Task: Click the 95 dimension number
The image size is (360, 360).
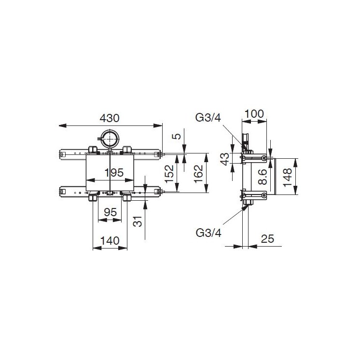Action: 110,212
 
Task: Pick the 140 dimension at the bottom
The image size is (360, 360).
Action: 110,240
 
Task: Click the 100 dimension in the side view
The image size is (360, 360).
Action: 254,114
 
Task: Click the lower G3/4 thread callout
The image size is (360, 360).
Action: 209,233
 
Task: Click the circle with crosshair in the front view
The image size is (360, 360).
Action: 111,139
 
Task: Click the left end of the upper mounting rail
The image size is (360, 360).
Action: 62,154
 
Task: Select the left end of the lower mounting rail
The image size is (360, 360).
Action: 62,192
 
